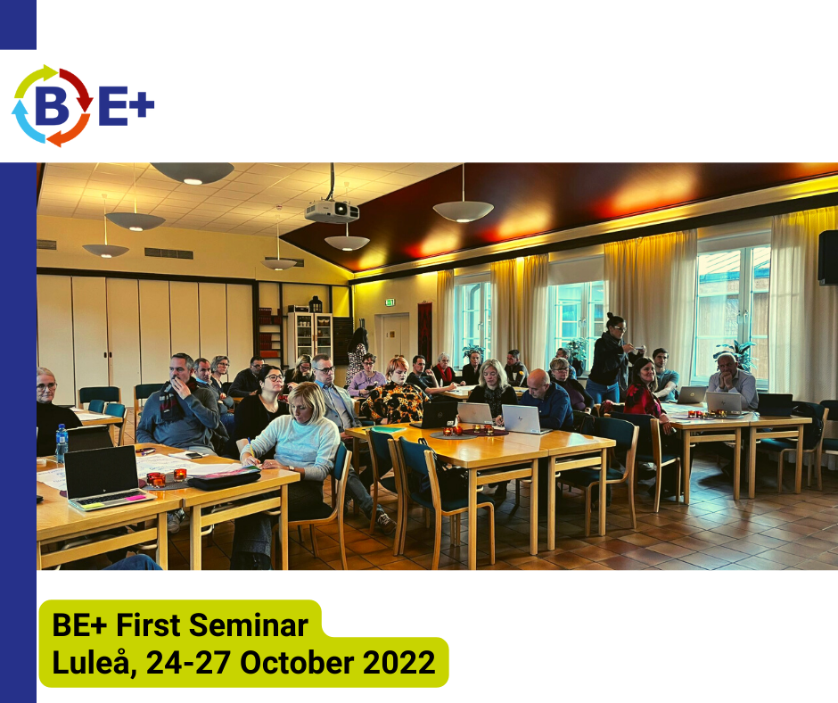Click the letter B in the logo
[53, 105]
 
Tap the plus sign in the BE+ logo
[142, 103]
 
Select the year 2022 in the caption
[398, 662]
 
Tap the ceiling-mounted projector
[332, 211]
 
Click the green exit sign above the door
[390, 302]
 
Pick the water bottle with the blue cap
[62, 443]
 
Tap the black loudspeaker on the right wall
[828, 258]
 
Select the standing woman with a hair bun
[612, 359]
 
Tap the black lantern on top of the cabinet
[316, 304]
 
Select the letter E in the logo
[112, 105]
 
